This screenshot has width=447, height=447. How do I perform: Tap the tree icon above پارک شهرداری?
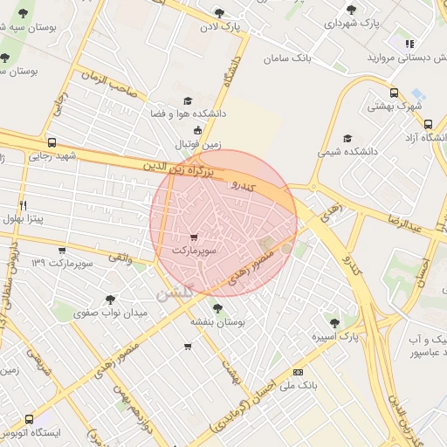pos(351,10)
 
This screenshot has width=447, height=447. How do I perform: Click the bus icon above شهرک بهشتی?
pos(394,93)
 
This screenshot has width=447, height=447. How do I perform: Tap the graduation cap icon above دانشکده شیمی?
pos(347,138)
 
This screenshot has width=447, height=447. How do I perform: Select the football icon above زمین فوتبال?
pos(197,130)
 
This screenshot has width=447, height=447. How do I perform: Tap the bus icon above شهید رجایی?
pos(52,143)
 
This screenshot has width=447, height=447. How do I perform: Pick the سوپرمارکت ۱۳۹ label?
pos(61,262)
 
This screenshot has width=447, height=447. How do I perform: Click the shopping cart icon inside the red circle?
pos(193,237)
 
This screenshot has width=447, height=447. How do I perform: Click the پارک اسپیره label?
pos(336,336)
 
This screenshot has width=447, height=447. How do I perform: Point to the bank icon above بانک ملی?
pos(299,371)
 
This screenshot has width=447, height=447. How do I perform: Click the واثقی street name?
pos(122,258)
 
